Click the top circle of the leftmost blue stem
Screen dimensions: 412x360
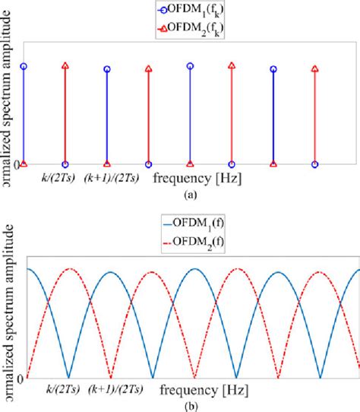pos(24,67)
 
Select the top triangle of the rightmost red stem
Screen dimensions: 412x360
pos(314,68)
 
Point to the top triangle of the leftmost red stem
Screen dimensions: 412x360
pos(65,66)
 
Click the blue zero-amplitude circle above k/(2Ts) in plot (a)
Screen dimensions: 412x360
pos(65,164)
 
